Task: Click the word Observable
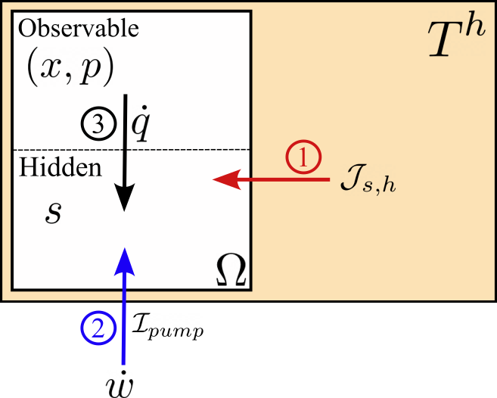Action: point(79,30)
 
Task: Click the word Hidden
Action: point(60,168)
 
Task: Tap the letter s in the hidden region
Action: point(53,213)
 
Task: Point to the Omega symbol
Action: point(231,268)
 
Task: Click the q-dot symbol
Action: point(140,129)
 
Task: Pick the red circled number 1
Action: point(303,159)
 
